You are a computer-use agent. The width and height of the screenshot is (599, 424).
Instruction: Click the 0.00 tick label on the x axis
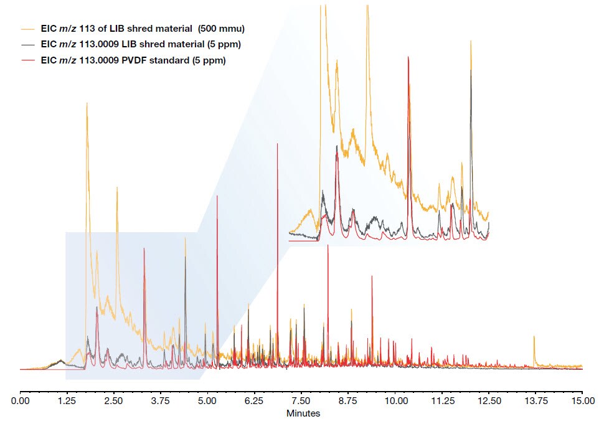pyautogui.click(x=21, y=402)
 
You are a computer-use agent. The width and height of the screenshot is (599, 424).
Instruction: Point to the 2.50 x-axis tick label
pyautogui.click(x=114, y=402)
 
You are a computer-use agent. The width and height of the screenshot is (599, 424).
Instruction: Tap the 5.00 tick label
pyautogui.click(x=207, y=402)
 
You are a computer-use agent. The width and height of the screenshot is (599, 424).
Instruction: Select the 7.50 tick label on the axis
pyautogui.click(x=301, y=402)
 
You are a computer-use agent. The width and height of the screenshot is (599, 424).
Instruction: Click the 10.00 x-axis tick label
pyautogui.click(x=395, y=402)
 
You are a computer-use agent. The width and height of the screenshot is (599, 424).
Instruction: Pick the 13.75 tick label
pyautogui.click(x=535, y=402)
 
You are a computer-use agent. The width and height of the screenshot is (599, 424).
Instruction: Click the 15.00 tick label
pyautogui.click(x=582, y=402)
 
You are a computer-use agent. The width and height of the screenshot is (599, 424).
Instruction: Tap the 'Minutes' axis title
pyautogui.click(x=303, y=413)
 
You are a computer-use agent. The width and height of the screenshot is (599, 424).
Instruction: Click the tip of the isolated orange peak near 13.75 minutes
pyautogui.click(x=534, y=336)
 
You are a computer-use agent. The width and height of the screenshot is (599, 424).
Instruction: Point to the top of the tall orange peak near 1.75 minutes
pyautogui.click(x=87, y=103)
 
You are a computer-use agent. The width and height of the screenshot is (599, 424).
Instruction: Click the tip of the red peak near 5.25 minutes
pyautogui.click(x=217, y=196)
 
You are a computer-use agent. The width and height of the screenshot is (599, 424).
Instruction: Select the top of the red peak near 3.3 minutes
pyautogui.click(x=144, y=248)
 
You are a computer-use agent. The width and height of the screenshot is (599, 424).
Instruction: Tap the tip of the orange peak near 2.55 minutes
pyautogui.click(x=116, y=187)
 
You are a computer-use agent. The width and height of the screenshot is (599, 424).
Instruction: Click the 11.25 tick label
pyautogui.click(x=441, y=402)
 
